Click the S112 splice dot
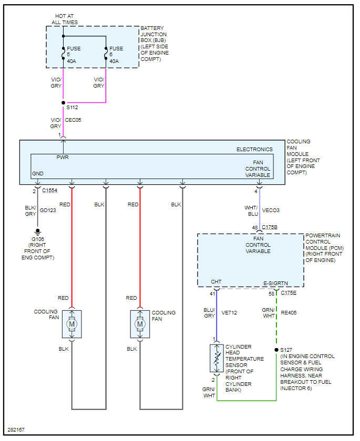click(64, 103)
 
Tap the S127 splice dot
click(276, 350)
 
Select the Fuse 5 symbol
click(64, 54)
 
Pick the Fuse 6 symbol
click(106, 54)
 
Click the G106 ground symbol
click(37, 232)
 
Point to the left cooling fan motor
click(72, 324)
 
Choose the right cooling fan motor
click(140, 324)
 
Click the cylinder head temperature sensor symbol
click(217, 358)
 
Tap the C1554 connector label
click(49, 191)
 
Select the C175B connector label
click(270, 227)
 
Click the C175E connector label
click(289, 293)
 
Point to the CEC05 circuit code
click(73, 120)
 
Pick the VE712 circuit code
click(229, 313)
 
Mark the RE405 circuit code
click(289, 313)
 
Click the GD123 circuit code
click(48, 211)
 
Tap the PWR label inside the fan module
click(63, 157)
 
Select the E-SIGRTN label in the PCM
click(275, 283)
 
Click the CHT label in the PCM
click(216, 282)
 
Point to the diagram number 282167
click(16, 430)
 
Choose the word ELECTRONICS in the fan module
click(254, 149)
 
